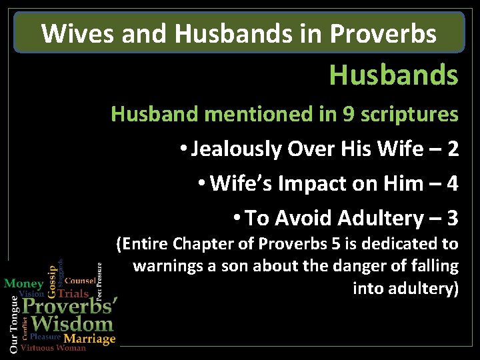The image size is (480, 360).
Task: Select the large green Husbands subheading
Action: (393, 75)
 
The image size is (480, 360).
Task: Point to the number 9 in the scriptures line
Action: (348, 114)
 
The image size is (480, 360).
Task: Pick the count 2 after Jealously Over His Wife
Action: (453, 149)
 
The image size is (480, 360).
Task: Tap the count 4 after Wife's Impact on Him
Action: (453, 183)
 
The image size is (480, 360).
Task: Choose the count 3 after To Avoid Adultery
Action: (453, 218)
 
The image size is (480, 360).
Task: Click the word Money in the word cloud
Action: (24, 283)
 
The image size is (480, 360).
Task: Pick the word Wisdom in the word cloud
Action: (72, 325)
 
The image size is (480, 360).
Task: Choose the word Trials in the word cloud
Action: (73, 293)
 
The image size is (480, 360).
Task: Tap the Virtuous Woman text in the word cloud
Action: (53, 348)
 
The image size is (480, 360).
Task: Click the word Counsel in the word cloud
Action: (79, 282)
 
